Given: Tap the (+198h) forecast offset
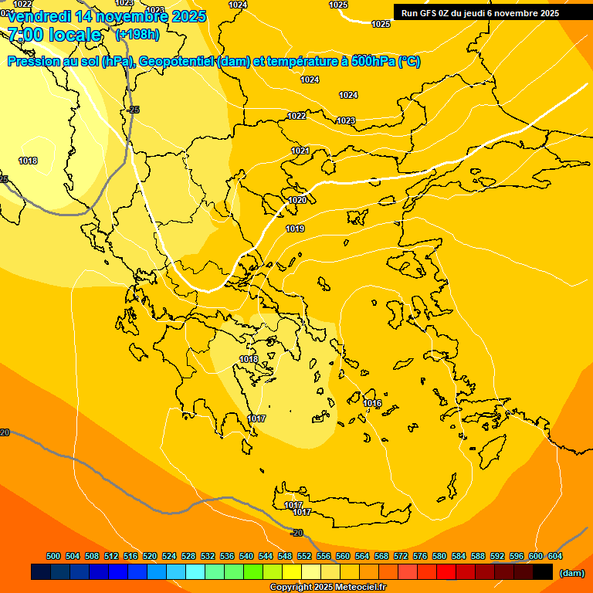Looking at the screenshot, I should point(137,34).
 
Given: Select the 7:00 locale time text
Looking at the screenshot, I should point(54,34).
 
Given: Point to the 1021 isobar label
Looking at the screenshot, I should point(300,151).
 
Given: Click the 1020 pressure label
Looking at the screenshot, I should point(297,200).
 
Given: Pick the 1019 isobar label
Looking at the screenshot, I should point(295,229).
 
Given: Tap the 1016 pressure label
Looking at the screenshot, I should point(372,403).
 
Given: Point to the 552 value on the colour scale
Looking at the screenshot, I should point(304,556).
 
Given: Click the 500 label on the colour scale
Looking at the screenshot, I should point(53,556).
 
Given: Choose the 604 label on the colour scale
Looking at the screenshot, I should point(555,556).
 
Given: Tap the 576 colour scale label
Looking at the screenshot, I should point(420,556).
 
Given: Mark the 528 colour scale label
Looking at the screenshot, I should point(188,556).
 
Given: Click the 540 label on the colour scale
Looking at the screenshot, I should point(246,556).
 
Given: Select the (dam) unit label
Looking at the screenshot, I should point(571,573).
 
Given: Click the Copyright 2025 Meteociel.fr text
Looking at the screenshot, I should point(327,588).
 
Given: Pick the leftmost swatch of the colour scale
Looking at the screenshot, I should point(41,572).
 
